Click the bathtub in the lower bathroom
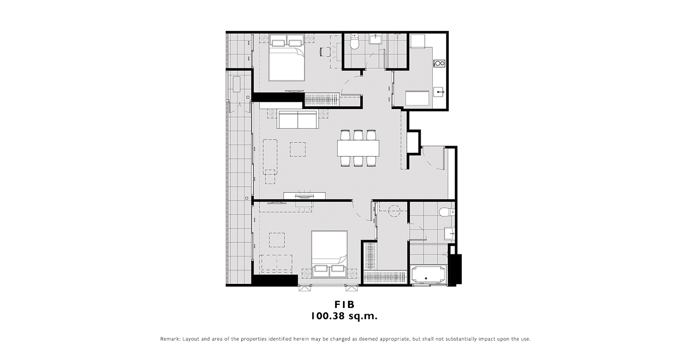(428, 274)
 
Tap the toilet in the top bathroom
(355, 42)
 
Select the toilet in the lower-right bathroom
(446, 212)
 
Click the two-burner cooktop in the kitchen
(440, 64)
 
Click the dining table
(358, 148)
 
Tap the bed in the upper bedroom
(287, 58)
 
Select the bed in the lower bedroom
(329, 254)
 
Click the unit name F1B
(344, 304)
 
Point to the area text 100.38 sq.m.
(344, 316)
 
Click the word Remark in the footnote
(170, 339)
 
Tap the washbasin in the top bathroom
(375, 39)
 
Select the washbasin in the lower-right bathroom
(449, 233)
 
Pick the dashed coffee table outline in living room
(298, 149)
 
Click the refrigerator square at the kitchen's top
(417, 41)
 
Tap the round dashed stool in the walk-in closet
(394, 212)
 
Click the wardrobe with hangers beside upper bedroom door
(321, 99)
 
